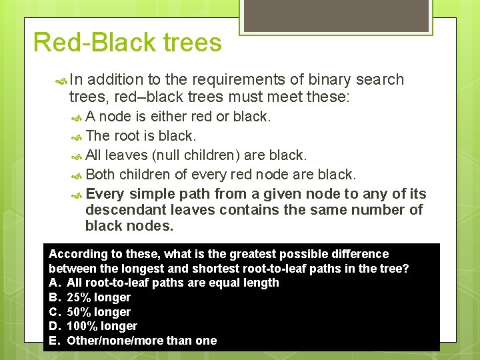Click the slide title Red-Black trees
(127, 43)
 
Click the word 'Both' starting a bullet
(101, 175)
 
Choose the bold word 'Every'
(105, 194)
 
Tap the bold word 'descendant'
(124, 210)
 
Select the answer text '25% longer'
(99, 297)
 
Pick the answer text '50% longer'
(99, 312)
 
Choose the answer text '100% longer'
(102, 326)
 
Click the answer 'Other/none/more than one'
(141, 341)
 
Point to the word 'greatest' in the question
(251, 254)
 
